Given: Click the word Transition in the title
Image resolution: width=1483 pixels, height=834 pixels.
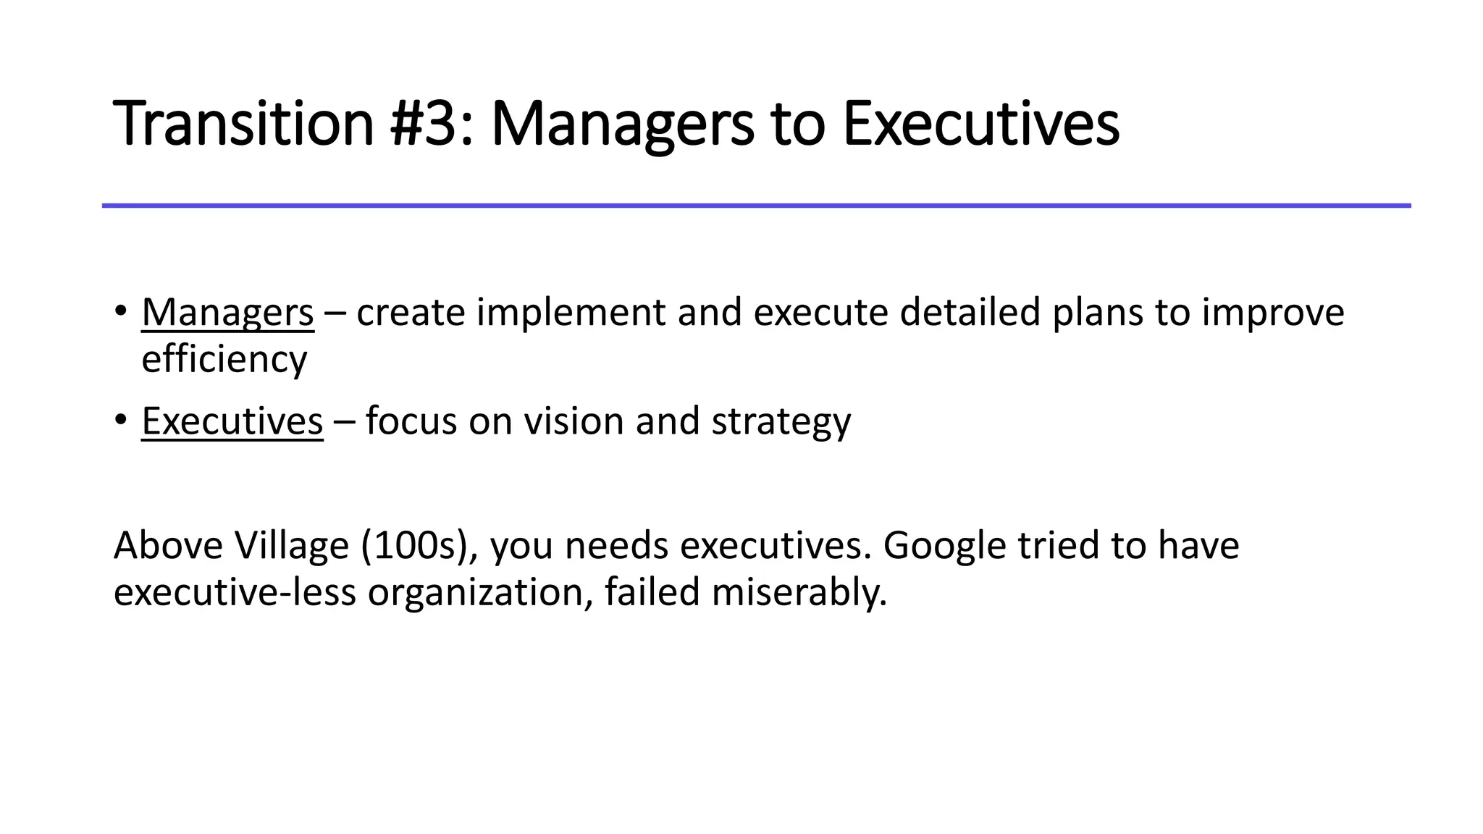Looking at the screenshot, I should tap(243, 124).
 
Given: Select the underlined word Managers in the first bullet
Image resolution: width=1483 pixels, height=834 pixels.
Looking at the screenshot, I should tap(227, 313).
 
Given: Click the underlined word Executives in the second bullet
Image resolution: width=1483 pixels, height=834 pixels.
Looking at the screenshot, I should tap(232, 421).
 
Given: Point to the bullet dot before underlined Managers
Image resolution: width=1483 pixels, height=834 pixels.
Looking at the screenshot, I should tap(120, 311).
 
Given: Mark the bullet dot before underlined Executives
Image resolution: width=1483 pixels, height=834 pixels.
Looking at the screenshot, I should tap(120, 420).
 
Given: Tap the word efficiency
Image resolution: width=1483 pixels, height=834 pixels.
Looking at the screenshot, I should tap(224, 360).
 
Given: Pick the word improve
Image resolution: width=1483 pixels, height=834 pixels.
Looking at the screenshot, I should tap(1272, 313).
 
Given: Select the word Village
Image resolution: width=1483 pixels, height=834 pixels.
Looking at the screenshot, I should tap(292, 546).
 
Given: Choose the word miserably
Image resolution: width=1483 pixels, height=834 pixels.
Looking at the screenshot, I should tap(799, 592).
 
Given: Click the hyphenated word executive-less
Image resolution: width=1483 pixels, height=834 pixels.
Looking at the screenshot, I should tap(235, 592).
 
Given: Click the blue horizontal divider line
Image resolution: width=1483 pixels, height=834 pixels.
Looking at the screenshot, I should tap(756, 206).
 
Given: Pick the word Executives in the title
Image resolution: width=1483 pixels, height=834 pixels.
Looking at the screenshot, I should tap(981, 124).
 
